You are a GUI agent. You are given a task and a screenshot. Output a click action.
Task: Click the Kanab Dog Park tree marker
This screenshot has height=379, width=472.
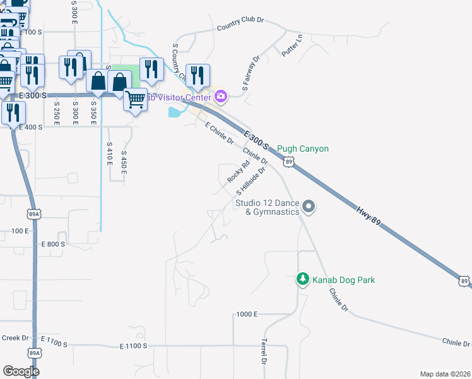point(304,279)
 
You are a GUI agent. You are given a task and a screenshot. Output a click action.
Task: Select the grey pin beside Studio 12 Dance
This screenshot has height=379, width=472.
point(309,206)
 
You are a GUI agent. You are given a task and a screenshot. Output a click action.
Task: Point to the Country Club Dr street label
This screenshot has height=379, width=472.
point(242,27)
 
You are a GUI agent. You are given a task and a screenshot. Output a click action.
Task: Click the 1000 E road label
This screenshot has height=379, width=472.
point(247,314)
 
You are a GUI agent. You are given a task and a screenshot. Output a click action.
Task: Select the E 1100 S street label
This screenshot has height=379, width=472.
point(134,346)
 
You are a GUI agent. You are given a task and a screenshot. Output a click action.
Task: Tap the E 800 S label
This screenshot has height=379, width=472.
point(53,244)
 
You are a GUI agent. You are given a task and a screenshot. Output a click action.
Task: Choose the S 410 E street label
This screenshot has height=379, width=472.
point(109,153)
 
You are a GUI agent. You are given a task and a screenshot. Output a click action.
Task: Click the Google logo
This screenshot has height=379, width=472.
point(21,371)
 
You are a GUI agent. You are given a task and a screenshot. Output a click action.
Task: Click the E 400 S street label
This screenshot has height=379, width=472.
point(32,126)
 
